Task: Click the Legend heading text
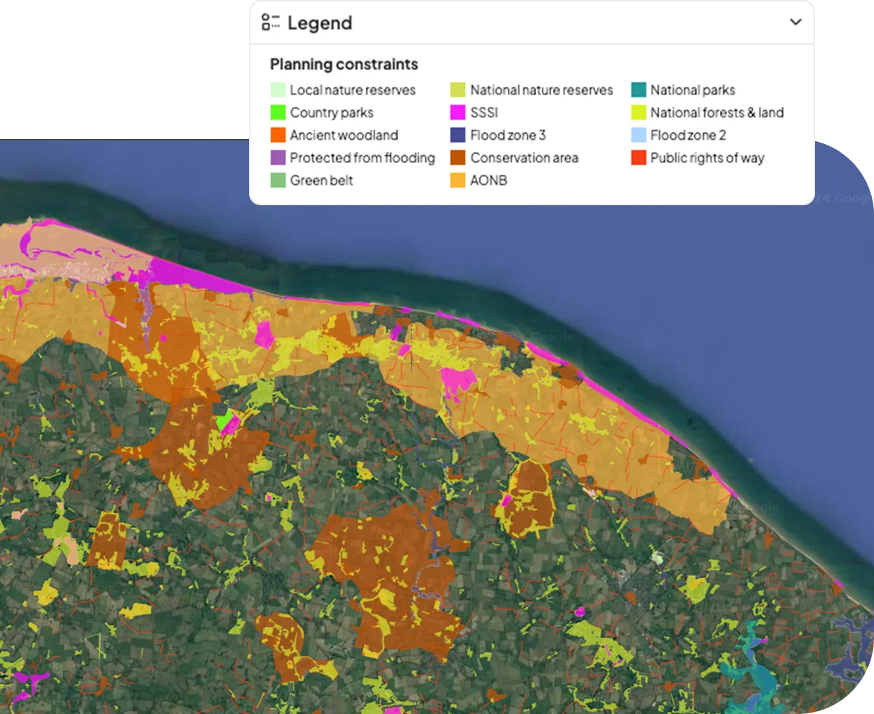coord(319,23)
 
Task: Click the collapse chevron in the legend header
coord(795,22)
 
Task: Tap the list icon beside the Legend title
coord(271,23)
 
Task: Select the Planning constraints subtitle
coord(344,64)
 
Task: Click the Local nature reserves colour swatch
coord(277,90)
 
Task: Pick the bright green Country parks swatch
coord(277,113)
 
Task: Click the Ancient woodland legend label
coord(344,135)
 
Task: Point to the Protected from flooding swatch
coord(277,158)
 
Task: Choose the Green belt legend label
coord(321,181)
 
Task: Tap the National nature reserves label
coord(541,90)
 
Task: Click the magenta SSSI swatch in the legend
coord(458,113)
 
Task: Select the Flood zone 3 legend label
coord(508,135)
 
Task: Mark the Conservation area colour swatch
coord(458,158)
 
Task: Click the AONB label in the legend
coord(488,181)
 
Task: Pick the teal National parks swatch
coord(639,90)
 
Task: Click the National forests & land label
coord(717,113)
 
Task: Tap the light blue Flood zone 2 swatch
coord(639,135)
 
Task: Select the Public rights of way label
coord(707,158)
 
